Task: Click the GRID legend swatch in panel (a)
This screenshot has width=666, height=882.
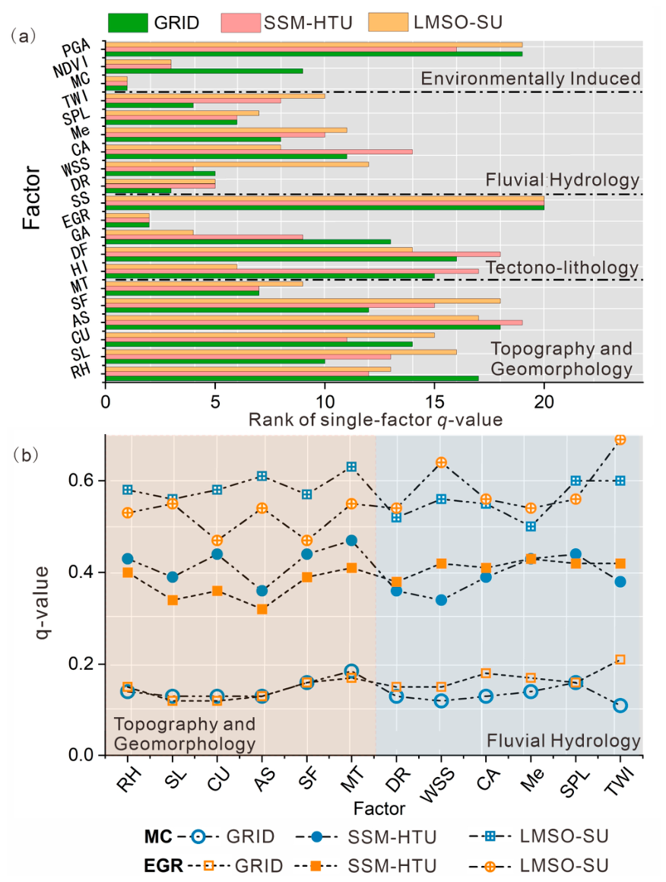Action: [128, 22]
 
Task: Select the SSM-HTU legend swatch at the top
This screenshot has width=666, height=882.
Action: [241, 22]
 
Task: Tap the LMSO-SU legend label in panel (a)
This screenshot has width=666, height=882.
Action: [458, 22]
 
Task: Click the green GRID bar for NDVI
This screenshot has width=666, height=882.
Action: [205, 71]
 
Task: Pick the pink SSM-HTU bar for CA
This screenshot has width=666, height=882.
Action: [259, 151]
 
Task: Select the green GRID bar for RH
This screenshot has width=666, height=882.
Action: [292, 378]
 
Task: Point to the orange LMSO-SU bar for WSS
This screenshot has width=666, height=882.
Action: [237, 164]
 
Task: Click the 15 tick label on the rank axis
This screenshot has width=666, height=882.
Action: [434, 401]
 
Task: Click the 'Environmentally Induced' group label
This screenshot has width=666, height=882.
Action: [531, 78]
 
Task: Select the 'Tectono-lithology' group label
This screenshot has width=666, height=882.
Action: [562, 267]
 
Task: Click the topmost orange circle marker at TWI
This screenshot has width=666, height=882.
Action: [620, 439]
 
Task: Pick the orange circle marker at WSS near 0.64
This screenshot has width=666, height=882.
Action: [442, 462]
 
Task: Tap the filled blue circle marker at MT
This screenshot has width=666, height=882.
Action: [351, 541]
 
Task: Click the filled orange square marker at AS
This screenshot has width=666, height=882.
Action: [262, 609]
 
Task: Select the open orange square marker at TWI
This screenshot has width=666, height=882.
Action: [620, 659]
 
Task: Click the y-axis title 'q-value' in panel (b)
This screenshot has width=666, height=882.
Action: [41, 602]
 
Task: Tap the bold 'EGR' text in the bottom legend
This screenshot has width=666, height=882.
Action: [163, 865]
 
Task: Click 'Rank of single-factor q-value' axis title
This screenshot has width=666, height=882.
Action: [375, 420]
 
